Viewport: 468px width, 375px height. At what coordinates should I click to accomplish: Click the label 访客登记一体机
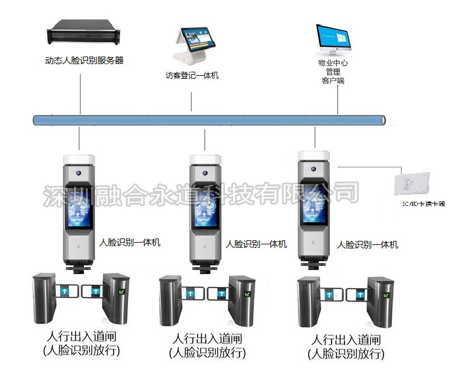point(192,76)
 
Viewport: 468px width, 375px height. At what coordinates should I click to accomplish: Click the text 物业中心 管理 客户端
point(333,71)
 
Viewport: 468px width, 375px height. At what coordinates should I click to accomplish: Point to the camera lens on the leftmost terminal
point(78,173)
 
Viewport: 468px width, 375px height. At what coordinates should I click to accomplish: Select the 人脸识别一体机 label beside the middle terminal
point(256,245)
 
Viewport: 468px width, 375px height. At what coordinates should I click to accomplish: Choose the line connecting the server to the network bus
point(80,93)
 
